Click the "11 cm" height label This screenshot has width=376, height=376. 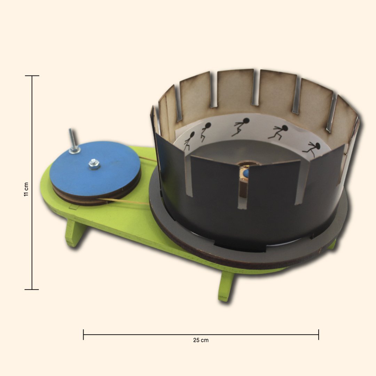click(26, 189)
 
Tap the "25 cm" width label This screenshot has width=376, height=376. click(201, 340)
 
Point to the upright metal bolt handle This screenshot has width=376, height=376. click(73, 141)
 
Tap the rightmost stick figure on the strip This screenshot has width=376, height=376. click(312, 149)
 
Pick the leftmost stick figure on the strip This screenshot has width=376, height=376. click(189, 141)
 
